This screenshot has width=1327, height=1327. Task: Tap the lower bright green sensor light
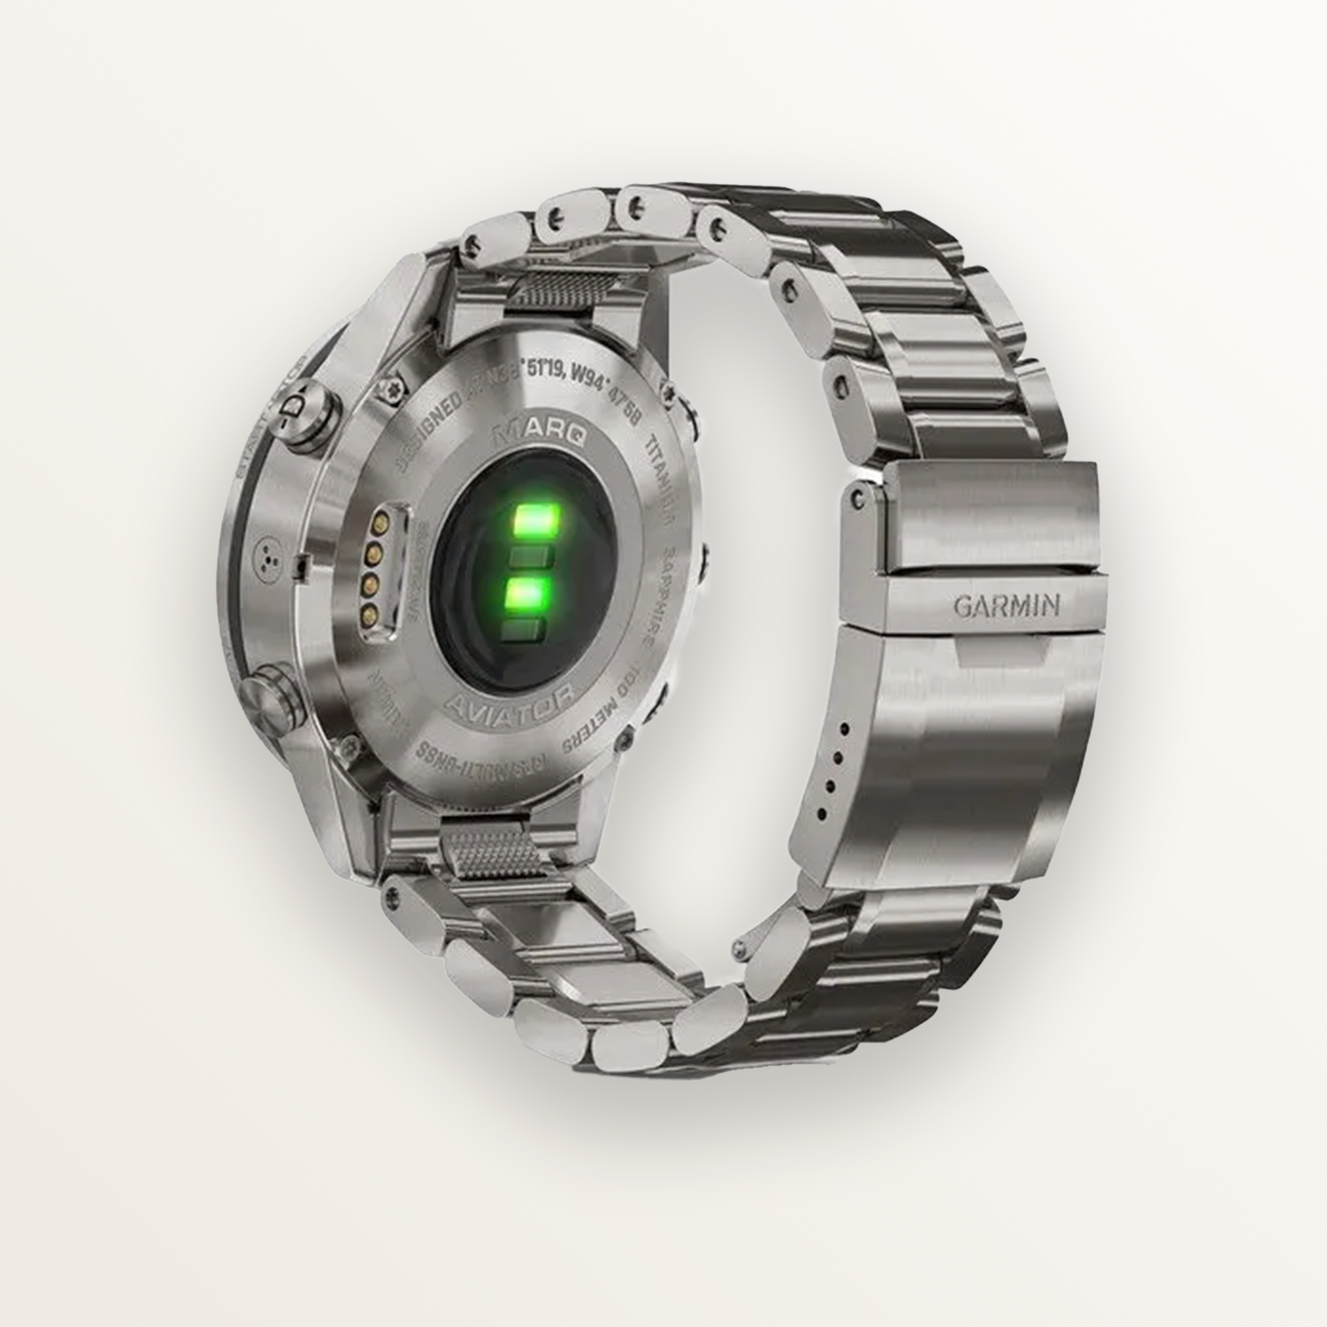528,596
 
